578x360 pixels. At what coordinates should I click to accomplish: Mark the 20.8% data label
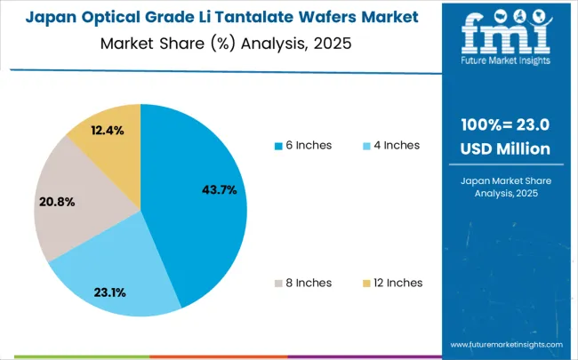(57, 202)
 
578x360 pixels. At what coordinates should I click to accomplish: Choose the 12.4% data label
(109, 131)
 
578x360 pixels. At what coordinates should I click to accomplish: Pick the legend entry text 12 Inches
(398, 283)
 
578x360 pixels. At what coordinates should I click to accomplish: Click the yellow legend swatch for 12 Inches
(365, 284)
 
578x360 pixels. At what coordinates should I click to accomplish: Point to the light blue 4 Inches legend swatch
(365, 146)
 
